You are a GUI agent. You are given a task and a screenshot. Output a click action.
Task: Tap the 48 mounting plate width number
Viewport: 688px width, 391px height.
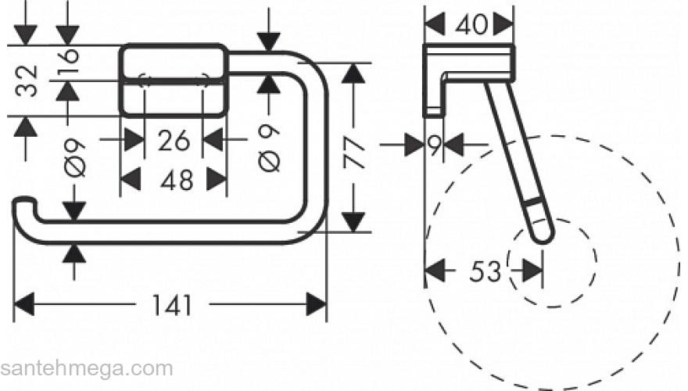pyautogui.click(x=174, y=181)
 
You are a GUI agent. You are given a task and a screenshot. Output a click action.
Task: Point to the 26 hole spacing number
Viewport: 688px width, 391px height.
pyautogui.click(x=174, y=141)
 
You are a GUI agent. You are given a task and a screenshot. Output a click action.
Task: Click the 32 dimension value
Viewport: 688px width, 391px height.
pyautogui.click(x=27, y=81)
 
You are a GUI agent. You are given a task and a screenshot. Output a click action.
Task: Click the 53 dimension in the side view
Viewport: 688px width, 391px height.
pyautogui.click(x=485, y=271)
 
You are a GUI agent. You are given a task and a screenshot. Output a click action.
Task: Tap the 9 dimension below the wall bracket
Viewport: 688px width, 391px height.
pyautogui.click(x=434, y=143)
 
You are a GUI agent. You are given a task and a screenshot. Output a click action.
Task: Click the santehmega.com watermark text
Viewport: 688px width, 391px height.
pyautogui.click(x=86, y=368)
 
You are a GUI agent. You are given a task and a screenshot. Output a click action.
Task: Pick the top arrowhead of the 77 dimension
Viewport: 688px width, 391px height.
pyautogui.click(x=355, y=74)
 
